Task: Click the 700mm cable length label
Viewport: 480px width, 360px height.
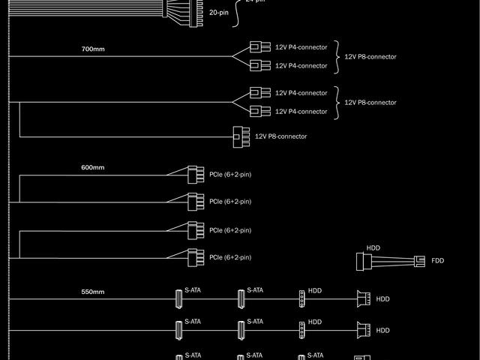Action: click(93, 49)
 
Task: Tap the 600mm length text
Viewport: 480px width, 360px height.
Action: click(93, 167)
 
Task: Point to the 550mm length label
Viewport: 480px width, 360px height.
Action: click(93, 292)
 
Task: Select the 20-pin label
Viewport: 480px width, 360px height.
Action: click(220, 13)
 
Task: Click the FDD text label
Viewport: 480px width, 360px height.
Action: click(438, 260)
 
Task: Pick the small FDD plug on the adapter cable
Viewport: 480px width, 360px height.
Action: click(419, 261)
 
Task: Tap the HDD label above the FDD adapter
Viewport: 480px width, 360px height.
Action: click(373, 247)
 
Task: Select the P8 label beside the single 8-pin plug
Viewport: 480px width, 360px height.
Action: click(280, 136)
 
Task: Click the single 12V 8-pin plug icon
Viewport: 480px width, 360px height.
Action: click(240, 136)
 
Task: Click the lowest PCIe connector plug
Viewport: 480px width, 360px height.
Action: click(194, 257)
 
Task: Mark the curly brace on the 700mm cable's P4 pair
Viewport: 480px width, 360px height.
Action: click(336, 56)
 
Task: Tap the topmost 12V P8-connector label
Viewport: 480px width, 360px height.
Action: click(370, 56)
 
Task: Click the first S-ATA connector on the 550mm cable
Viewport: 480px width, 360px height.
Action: click(179, 299)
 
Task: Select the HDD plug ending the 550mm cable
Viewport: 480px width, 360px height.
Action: click(363, 299)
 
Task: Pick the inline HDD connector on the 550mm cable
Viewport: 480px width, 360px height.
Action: click(301, 299)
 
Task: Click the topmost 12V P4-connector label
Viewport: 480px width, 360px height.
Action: click(301, 47)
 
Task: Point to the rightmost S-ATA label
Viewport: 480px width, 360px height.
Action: click(316, 355)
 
